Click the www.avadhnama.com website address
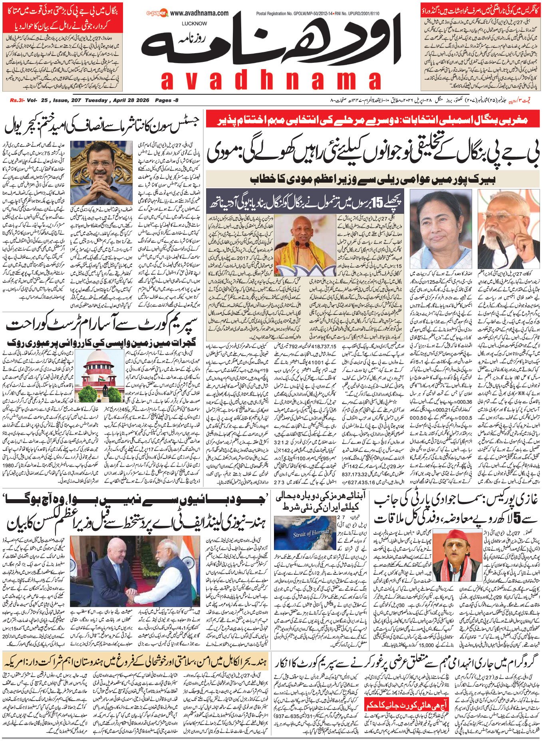(x=199, y=13)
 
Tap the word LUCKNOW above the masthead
(x=194, y=24)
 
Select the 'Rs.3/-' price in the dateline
(x=17, y=100)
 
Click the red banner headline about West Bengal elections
(x=372, y=120)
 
